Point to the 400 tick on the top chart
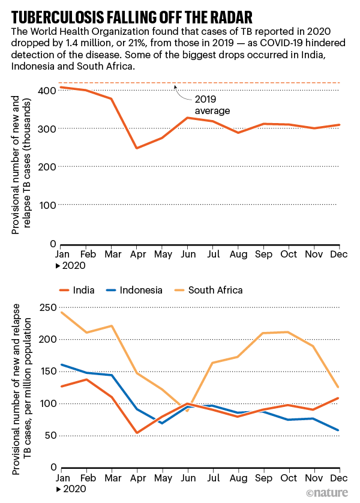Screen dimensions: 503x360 [x=49, y=90]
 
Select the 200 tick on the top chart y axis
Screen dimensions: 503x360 [x=49, y=166]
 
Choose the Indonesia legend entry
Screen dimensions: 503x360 [x=139, y=290]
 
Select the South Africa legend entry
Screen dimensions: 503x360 [x=215, y=290]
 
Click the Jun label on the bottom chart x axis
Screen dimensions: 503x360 [x=187, y=477]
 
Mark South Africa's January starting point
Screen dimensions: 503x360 [x=61, y=312]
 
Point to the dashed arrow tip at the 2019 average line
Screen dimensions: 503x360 [x=175, y=85]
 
